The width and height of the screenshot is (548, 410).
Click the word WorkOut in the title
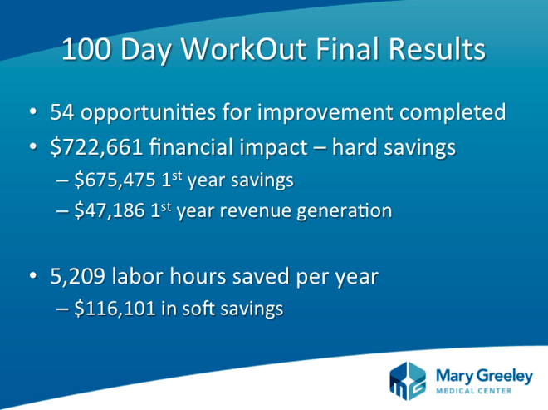tap(243, 48)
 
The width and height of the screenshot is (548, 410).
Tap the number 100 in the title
tap(86, 48)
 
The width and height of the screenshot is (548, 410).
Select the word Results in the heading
tap(437, 48)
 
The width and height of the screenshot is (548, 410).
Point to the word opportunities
tap(148, 113)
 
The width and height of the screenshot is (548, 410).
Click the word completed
tap(453, 113)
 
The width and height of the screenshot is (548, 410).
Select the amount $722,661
tap(96, 146)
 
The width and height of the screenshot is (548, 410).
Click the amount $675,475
tap(115, 180)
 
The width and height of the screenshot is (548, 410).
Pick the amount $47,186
tap(110, 210)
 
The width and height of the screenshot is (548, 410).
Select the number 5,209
tap(77, 276)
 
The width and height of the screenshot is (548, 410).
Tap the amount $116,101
tap(115, 309)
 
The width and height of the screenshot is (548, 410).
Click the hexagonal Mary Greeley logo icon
tap(408, 381)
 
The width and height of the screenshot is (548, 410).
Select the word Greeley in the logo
tap(504, 377)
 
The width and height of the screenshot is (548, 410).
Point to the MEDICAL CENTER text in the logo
tap(474, 391)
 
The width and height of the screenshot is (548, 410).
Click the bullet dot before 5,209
tap(33, 275)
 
